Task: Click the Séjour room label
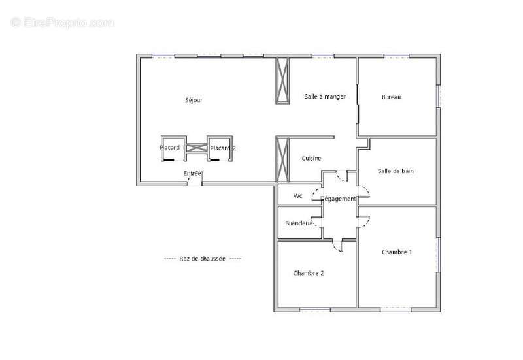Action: [194, 100]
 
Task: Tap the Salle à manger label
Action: [324, 97]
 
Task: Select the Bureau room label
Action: [391, 97]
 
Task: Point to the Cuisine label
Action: [311, 159]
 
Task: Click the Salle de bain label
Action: [396, 171]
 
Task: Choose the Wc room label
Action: [298, 195]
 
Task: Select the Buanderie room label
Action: [299, 223]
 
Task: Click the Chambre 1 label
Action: [396, 252]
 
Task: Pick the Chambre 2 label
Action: [309, 273]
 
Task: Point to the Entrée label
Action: [192, 173]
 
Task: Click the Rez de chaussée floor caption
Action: [202, 259]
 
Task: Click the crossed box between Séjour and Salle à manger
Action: [284, 80]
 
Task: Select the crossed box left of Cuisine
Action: [282, 158]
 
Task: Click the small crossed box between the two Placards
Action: [196, 148]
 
